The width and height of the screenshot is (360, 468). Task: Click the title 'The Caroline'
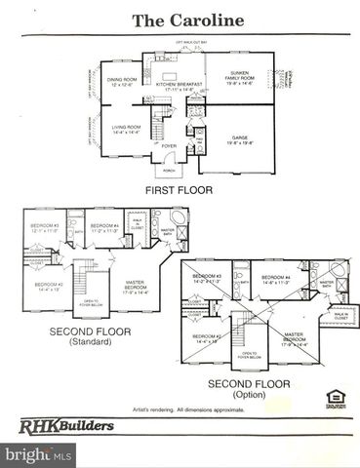180,19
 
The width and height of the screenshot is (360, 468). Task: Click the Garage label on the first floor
239,139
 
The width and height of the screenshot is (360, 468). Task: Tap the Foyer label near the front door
169,146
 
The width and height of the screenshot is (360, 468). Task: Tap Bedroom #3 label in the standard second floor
45,228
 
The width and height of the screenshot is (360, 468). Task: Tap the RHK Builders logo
67,424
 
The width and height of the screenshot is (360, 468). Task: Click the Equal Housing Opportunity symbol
333,397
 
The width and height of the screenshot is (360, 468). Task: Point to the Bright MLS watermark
39,454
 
